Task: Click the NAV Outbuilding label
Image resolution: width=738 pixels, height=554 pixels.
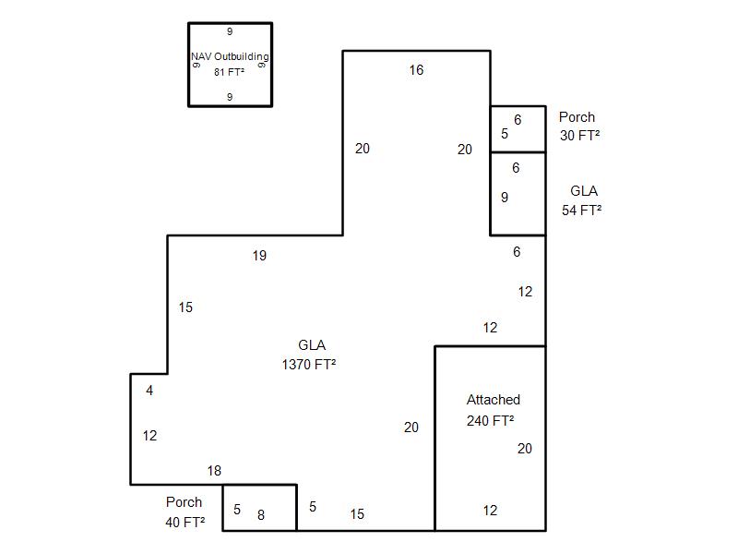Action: (230, 57)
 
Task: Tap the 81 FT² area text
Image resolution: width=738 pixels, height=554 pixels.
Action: (230, 72)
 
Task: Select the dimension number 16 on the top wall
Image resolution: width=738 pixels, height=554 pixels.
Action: (416, 70)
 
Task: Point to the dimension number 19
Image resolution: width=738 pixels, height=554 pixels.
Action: (259, 256)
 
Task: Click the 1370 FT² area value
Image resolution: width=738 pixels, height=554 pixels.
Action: (308, 365)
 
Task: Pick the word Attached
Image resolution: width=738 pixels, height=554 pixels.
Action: (494, 400)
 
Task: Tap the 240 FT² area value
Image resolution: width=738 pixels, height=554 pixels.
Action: (490, 421)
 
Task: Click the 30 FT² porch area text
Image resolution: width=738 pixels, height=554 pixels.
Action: (580, 136)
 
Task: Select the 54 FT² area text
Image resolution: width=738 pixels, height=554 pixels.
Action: (582, 210)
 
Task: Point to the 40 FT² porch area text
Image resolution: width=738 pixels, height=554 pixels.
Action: (185, 522)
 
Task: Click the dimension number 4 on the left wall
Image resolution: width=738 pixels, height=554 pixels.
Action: (149, 391)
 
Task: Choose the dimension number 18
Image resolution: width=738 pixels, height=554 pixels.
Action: (214, 471)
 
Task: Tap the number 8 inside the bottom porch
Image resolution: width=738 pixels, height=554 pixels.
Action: (261, 515)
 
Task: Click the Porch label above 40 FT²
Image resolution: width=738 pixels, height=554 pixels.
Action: (184, 502)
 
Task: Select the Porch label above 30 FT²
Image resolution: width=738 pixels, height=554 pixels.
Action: (577, 117)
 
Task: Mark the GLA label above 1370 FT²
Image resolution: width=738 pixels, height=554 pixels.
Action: (312, 345)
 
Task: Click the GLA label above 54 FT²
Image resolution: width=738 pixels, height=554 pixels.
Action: (584, 191)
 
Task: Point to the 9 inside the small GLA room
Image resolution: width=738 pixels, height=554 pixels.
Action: (505, 197)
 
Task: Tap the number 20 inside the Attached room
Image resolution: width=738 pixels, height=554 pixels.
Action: (525, 449)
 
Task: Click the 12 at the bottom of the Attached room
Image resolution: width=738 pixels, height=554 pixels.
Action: (490, 510)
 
